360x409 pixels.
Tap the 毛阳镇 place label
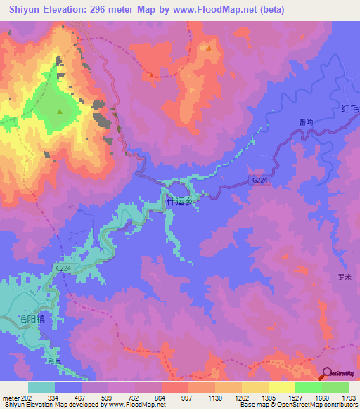coord(31,318)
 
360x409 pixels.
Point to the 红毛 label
coord(350,109)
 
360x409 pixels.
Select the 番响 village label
coord(305,122)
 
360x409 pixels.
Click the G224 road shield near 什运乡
coord(259,180)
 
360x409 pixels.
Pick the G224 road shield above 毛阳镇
coord(63,268)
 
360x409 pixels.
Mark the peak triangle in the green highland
coord(60,112)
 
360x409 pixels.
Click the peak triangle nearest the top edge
coord(209,48)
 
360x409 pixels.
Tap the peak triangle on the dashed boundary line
coord(151,74)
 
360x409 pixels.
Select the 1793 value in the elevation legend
coord(349,396)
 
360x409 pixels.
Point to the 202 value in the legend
coord(28,396)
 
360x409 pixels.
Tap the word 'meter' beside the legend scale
coord(10,396)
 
